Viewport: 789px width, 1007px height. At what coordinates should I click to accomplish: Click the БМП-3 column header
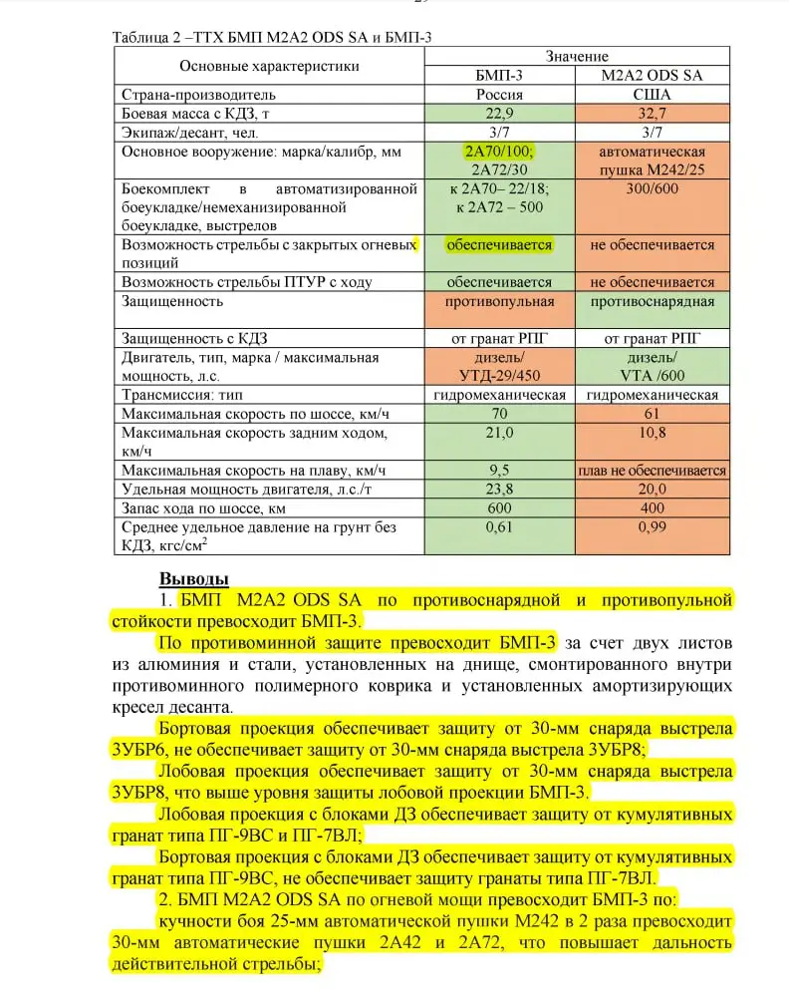[x=500, y=75]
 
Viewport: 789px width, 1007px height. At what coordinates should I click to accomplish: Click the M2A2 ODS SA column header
[x=653, y=75]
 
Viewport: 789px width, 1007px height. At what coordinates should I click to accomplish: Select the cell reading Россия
[x=500, y=95]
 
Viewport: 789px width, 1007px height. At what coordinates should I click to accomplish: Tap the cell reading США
[x=653, y=95]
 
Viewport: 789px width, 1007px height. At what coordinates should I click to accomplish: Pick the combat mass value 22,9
[x=500, y=114]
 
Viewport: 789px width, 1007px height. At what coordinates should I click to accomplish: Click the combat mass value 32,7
[x=653, y=114]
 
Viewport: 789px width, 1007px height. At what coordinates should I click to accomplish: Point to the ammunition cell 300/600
[x=653, y=188]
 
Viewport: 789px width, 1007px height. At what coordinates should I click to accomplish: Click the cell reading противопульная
[x=500, y=301]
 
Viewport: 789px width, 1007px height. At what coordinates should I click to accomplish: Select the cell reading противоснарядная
[x=653, y=301]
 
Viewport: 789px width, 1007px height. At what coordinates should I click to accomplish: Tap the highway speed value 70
[x=500, y=414]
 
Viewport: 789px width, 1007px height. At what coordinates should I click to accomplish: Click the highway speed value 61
[x=653, y=414]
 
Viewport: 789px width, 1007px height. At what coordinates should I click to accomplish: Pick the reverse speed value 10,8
[x=653, y=433]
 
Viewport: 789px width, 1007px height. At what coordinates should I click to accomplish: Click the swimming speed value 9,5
[x=500, y=470]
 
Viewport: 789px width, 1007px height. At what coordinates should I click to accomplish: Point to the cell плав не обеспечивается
[x=653, y=471]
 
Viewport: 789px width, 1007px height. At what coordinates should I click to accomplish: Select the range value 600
[x=500, y=507]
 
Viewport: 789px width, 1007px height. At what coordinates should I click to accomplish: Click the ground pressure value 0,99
[x=653, y=526]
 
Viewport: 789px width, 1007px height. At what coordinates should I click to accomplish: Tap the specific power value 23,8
[x=500, y=489]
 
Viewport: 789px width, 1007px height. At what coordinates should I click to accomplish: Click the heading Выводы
[x=194, y=579]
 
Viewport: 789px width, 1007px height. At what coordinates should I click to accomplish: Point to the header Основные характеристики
[x=269, y=66]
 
